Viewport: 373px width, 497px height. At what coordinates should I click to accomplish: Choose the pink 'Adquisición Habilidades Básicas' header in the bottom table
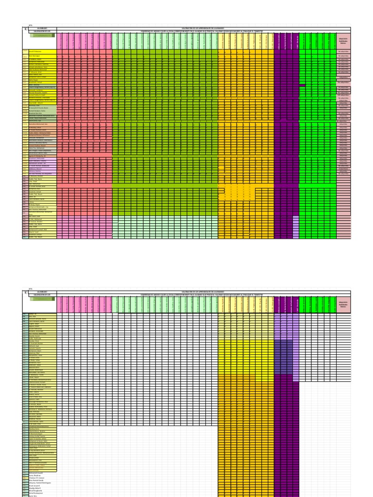(343, 306)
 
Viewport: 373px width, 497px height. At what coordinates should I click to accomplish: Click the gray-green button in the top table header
(41, 35)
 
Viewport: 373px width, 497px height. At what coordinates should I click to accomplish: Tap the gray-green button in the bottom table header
(41, 300)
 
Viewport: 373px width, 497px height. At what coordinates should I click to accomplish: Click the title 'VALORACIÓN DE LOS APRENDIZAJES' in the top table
(204, 28)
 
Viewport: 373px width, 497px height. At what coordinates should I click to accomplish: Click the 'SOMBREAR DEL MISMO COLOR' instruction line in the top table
(204, 31)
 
